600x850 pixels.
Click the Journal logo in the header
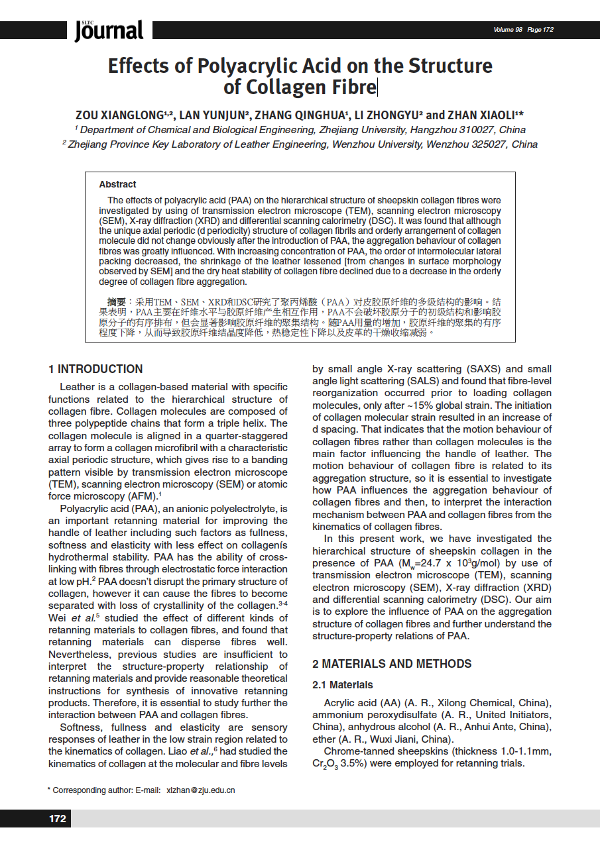click(109, 30)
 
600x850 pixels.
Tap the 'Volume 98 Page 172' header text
click(523, 30)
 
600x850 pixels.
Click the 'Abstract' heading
click(117, 184)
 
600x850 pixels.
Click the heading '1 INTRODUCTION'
click(95, 369)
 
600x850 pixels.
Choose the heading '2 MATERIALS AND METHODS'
click(392, 664)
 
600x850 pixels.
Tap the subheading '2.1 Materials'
click(343, 685)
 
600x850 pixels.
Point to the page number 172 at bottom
click(58, 819)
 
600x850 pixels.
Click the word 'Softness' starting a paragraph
click(78, 727)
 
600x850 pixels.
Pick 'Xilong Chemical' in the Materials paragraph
click(477, 703)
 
